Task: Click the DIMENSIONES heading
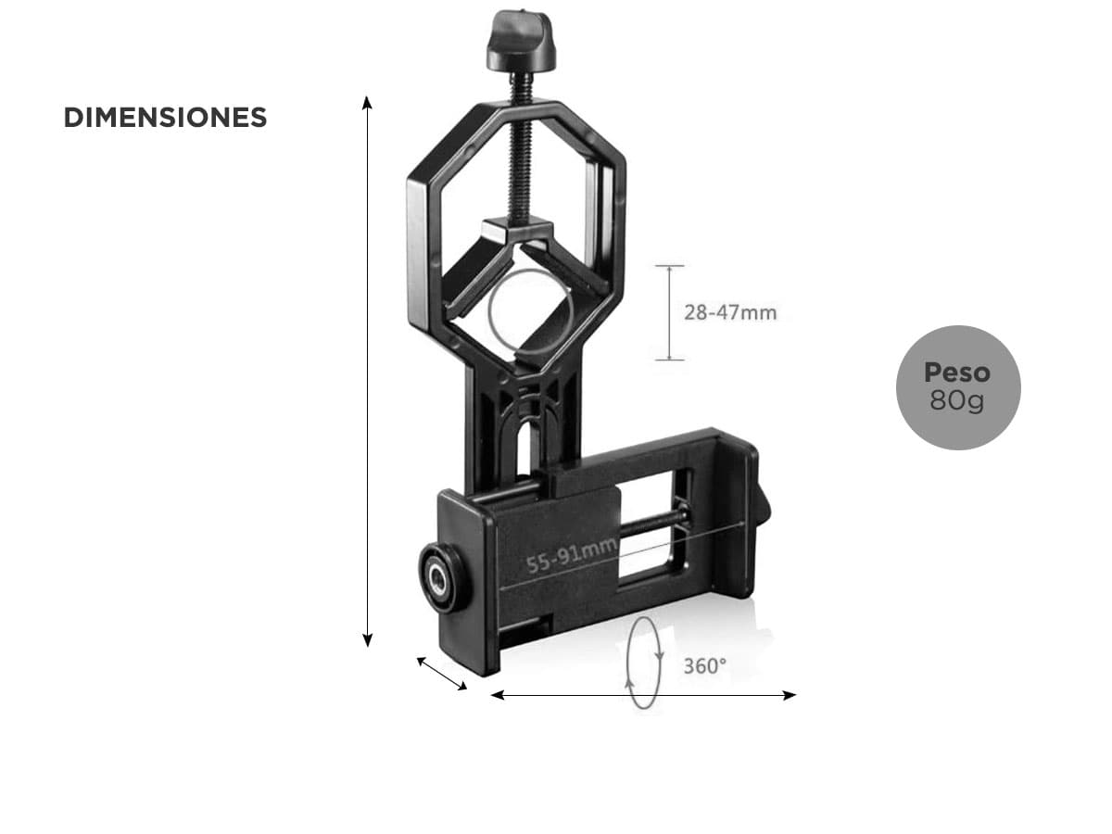(165, 118)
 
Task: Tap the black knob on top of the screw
(521, 41)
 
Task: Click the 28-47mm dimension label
(730, 313)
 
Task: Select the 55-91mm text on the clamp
(572, 555)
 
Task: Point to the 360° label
(704, 666)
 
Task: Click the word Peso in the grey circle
(957, 373)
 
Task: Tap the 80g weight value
(957, 401)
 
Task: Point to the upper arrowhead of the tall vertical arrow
(367, 102)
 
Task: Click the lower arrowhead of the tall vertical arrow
(367, 640)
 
